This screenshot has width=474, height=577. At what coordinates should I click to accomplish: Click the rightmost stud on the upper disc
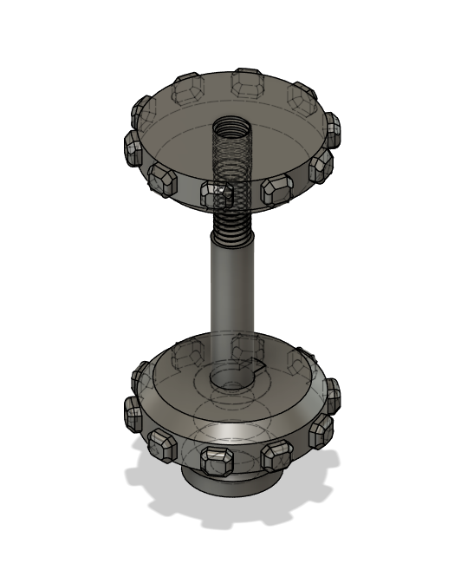(331, 130)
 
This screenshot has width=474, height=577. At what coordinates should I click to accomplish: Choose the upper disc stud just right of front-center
(277, 188)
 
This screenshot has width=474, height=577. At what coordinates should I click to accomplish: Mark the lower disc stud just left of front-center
(162, 445)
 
